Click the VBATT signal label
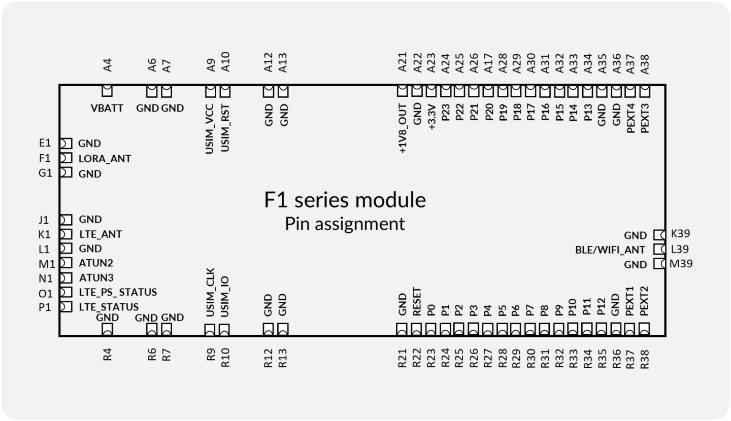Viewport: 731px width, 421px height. (107, 108)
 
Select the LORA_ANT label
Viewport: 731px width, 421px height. (105, 159)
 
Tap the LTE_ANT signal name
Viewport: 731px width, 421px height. (100, 234)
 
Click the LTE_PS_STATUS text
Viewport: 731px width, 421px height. (117, 293)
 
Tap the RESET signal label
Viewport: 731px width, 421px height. (417, 302)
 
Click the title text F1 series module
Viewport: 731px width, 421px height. (345, 200)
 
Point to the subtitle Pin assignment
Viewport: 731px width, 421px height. (345, 224)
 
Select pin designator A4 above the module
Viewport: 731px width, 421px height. (107, 65)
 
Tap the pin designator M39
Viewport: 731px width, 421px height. (681, 264)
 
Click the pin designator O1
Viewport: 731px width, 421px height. (45, 293)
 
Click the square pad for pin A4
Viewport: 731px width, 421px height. (107, 91)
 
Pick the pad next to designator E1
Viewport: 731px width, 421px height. (65, 144)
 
